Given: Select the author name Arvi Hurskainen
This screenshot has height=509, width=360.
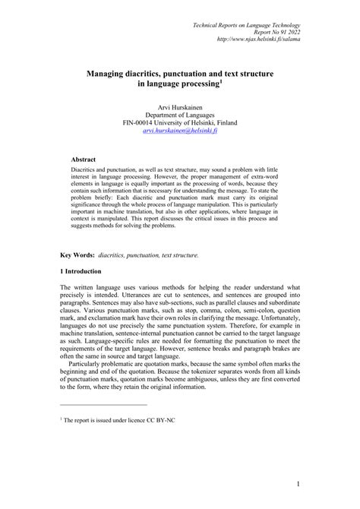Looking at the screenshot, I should (x=179, y=104).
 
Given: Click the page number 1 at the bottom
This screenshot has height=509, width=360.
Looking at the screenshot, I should (x=300, y=484).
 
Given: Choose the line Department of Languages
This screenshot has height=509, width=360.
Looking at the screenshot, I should (x=179, y=113).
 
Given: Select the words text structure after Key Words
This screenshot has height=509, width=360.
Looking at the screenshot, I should (x=180, y=255).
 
